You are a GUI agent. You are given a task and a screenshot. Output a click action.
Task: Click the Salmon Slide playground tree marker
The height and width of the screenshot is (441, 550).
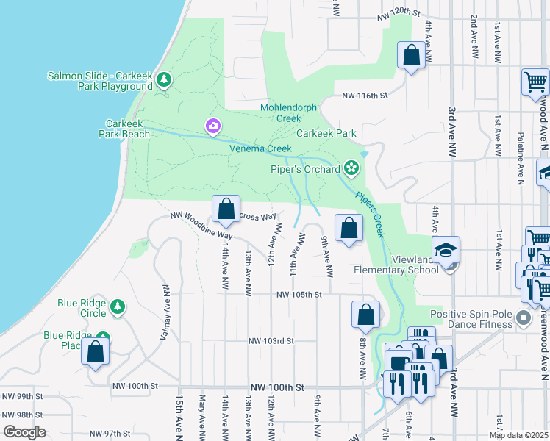163,80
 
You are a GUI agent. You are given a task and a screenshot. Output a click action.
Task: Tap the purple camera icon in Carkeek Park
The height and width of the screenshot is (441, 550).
213,126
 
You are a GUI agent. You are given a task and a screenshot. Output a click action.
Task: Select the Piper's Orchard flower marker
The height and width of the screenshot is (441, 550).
351,168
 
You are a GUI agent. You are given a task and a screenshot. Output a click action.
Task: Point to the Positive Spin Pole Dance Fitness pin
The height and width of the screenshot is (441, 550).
523,319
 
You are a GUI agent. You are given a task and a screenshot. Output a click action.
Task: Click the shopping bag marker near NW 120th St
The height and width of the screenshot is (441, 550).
411,55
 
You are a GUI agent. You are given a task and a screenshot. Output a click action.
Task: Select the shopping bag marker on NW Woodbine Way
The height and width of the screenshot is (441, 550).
226,208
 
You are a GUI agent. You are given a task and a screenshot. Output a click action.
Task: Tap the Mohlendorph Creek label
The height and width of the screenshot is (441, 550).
288,112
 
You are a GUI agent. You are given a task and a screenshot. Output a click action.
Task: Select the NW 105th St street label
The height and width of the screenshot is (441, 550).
299,295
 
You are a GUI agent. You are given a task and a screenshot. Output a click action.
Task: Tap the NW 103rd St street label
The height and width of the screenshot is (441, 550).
271,341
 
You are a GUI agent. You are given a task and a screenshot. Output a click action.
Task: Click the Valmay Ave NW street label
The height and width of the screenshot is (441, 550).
165,312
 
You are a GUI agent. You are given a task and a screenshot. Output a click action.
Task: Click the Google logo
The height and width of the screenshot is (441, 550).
24,432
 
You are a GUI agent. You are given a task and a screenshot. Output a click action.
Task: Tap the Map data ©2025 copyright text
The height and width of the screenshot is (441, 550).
518,435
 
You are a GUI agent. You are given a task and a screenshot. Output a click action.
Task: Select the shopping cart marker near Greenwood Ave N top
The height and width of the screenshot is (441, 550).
535,82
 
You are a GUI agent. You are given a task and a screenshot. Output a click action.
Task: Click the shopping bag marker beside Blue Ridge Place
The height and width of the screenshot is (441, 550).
96,351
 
